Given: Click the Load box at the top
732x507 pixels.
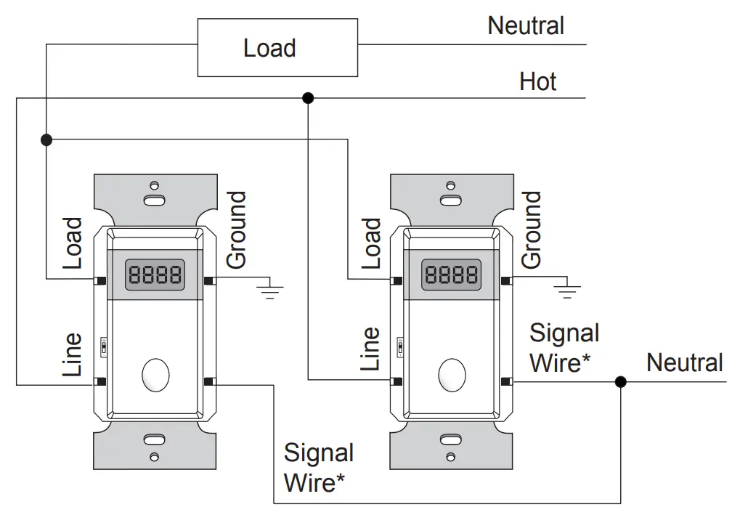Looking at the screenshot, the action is (277, 48).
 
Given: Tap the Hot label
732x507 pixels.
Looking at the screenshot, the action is (538, 81).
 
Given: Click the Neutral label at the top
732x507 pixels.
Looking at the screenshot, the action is (526, 25).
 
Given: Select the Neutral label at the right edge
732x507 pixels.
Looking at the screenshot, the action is (684, 362).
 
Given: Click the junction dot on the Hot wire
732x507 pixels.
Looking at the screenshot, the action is (308, 98).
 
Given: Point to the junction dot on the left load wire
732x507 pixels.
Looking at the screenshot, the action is (46, 139).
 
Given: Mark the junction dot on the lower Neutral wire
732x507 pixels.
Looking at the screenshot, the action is (620, 382).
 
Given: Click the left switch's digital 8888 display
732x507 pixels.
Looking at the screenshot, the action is (155, 275).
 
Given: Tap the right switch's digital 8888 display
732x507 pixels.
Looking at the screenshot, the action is (451, 275).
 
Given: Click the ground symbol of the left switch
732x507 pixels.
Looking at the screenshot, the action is (270, 288).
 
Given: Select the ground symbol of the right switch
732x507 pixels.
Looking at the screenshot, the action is (566, 288).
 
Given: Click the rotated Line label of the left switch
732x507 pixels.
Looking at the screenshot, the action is (73, 354).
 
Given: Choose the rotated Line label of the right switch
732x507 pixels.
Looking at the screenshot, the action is (370, 349).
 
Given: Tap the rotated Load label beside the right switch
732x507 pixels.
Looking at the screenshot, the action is (371, 244).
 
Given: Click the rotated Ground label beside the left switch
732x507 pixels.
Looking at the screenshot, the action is (236, 230).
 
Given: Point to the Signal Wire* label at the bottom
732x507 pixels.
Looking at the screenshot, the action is (319, 467).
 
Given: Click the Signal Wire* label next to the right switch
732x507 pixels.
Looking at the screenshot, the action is (564, 348).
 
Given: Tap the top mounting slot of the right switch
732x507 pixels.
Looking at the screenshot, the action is (451, 200).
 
